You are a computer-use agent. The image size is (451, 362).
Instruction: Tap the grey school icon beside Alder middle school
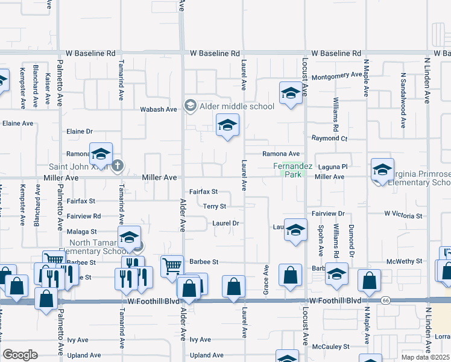(x=191, y=106)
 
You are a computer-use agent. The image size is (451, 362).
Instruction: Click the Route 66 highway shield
(x=385, y=300)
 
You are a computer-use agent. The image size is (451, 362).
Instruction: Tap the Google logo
(x=20, y=355)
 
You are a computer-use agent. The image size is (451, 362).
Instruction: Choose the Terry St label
(x=214, y=206)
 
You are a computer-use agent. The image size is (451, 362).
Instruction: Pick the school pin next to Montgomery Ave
(x=291, y=94)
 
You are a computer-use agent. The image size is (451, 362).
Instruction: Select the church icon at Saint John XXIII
(x=118, y=165)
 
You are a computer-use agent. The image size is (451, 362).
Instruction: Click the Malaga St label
(x=83, y=231)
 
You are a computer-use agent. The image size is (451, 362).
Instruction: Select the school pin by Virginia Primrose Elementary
(x=382, y=170)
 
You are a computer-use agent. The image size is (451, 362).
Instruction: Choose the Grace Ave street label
(x=266, y=279)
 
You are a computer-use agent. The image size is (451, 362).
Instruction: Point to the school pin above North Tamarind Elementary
(x=129, y=238)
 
